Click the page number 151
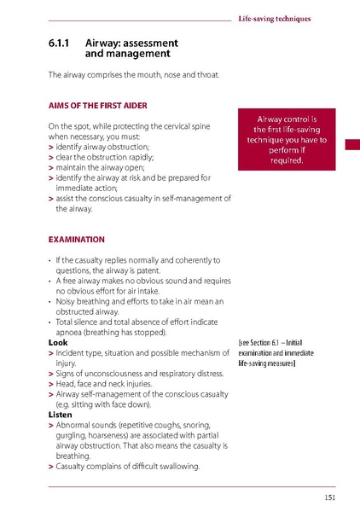pyautogui.click(x=329, y=497)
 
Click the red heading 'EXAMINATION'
pyautogui.click(x=76, y=239)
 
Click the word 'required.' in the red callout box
pyautogui.click(x=287, y=160)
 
